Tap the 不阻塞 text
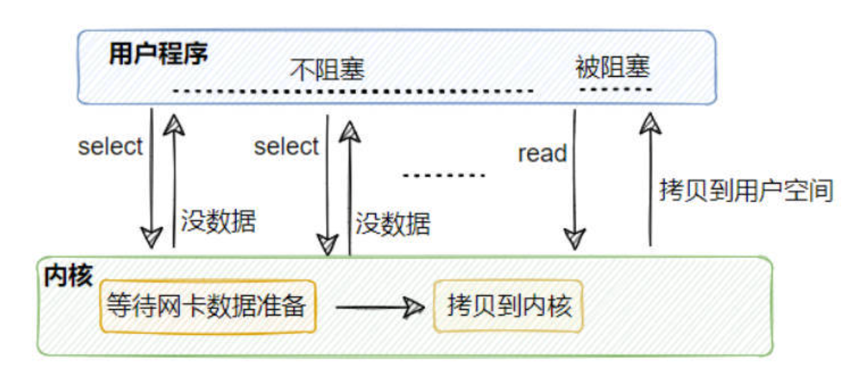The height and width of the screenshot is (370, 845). pyautogui.click(x=327, y=70)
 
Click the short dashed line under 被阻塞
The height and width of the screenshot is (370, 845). pyautogui.click(x=615, y=89)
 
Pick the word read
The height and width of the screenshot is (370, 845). pyautogui.click(x=542, y=153)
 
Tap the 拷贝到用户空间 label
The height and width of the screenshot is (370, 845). pyautogui.click(x=745, y=192)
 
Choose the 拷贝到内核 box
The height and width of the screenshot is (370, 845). pyautogui.click(x=509, y=307)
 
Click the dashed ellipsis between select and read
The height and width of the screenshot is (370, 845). pyautogui.click(x=444, y=176)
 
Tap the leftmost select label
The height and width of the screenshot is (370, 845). pyautogui.click(x=110, y=147)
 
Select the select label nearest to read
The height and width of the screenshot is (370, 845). pyautogui.click(x=286, y=147)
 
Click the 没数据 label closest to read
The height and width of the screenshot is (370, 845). pyautogui.click(x=393, y=224)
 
